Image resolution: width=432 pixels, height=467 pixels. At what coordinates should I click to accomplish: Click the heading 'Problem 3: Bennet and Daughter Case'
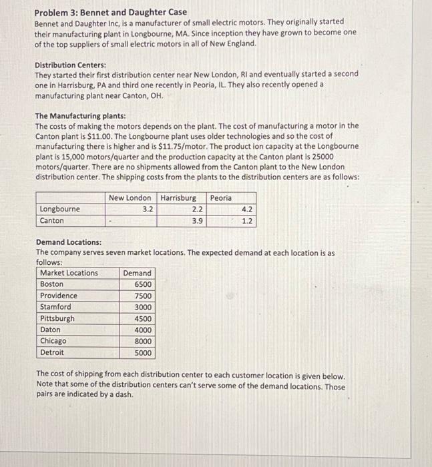[111, 12]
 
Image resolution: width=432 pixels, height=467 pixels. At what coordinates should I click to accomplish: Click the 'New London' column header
[130, 198]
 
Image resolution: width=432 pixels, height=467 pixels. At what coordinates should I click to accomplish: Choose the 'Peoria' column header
[221, 198]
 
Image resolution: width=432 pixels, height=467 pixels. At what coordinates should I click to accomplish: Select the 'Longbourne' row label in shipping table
[60, 209]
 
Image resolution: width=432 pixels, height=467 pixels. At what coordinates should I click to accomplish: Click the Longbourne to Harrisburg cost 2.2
[197, 209]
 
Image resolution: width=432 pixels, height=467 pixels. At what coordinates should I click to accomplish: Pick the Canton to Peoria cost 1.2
[247, 220]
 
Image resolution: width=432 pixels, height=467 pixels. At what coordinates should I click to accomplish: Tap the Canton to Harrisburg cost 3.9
[197, 220]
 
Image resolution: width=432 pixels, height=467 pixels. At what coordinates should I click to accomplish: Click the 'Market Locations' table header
[69, 273]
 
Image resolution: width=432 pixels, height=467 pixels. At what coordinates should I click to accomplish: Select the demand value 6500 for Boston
[143, 284]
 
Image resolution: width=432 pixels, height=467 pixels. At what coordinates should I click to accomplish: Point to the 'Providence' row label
[59, 296]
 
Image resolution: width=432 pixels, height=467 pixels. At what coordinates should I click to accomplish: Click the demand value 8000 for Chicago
[143, 341]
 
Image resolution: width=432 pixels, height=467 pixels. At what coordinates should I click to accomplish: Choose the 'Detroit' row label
[53, 352]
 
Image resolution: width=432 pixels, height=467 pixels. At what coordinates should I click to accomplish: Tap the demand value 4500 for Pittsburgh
[143, 318]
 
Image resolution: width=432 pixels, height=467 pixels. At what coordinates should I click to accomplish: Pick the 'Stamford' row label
[56, 307]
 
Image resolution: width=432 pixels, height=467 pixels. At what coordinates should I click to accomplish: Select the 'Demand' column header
[138, 273]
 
